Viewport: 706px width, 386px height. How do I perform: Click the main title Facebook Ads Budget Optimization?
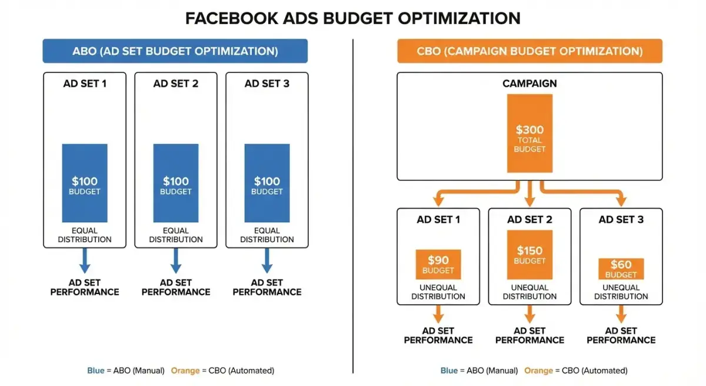tap(352, 18)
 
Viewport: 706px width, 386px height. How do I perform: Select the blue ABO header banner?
tap(175, 51)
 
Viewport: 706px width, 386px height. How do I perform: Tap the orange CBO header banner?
tap(529, 51)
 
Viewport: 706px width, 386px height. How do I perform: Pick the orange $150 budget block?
tap(529, 255)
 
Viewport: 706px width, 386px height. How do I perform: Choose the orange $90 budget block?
tap(438, 265)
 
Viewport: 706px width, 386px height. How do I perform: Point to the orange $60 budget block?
tap(621, 269)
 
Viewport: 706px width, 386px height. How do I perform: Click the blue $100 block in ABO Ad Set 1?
tap(85, 183)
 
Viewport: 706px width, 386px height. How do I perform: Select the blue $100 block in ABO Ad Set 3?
tap(267, 183)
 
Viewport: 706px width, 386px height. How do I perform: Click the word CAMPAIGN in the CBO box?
tap(529, 84)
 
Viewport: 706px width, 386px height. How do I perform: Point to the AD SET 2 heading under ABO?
tap(176, 84)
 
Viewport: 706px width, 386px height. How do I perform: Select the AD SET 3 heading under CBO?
tap(621, 220)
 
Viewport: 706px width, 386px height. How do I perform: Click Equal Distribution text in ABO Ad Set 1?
tap(85, 235)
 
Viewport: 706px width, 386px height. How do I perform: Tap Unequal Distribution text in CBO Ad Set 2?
tap(529, 292)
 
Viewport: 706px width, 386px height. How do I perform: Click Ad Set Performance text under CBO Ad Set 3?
tap(621, 335)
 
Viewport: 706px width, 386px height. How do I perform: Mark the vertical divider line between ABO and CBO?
tap(353, 206)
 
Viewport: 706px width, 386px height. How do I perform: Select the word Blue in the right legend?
tap(449, 371)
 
